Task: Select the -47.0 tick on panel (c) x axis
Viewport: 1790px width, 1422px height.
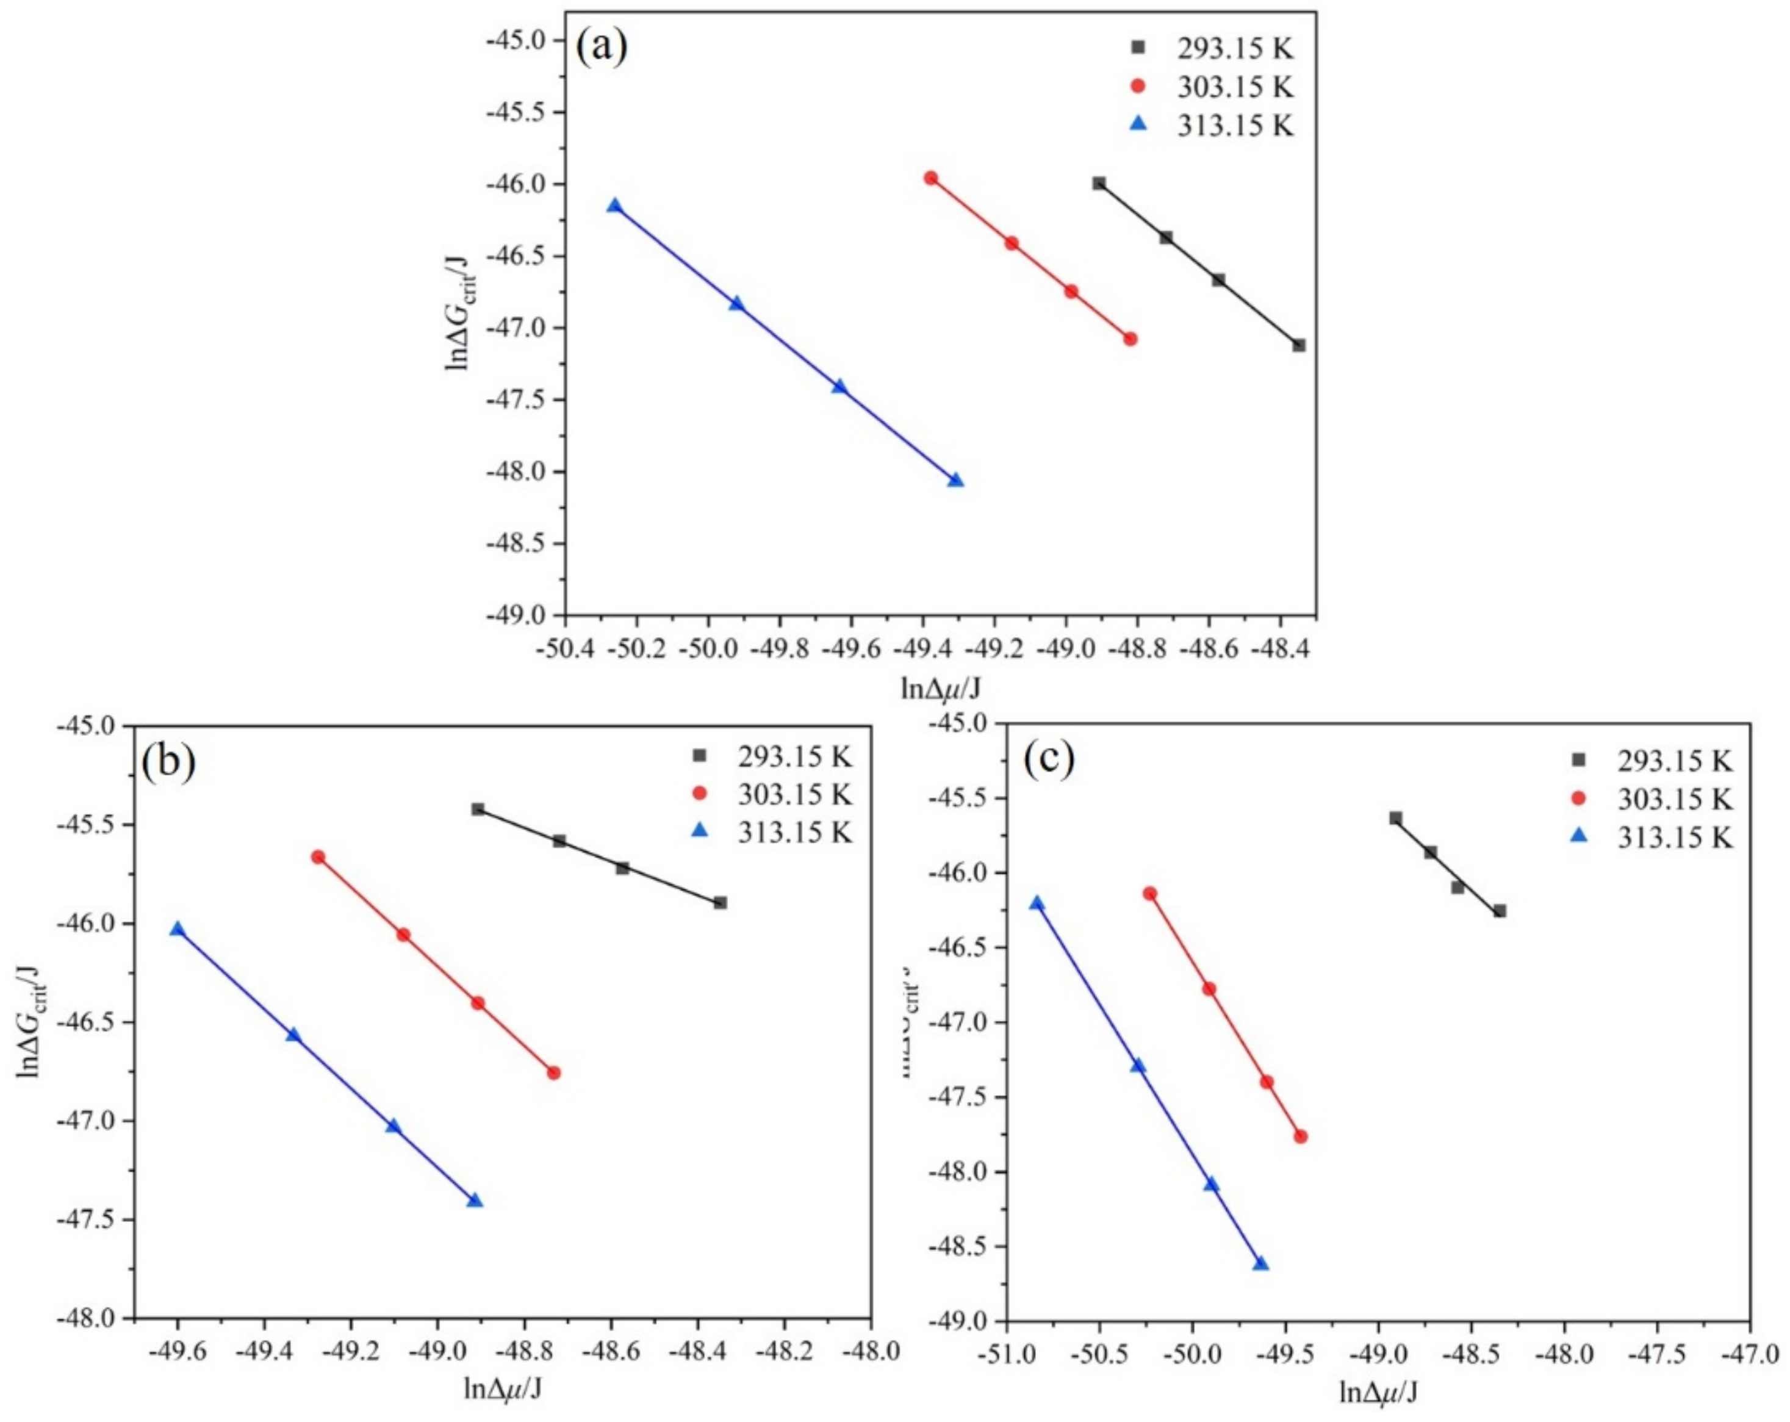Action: (1749, 1351)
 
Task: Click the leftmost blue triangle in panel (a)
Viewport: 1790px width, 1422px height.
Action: (614, 206)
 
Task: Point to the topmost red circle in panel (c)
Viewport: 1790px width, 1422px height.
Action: (1150, 893)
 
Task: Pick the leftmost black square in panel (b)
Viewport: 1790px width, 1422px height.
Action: (477, 808)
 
